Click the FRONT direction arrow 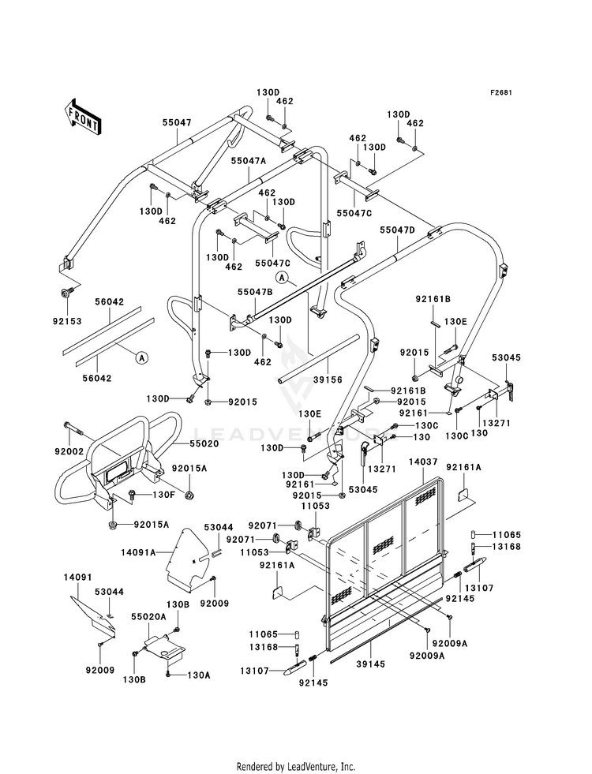[83, 117]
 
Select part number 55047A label [249, 160]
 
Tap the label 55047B [255, 292]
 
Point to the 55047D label [398, 230]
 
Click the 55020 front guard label [204, 443]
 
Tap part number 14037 [423, 462]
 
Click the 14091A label [138, 552]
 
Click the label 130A [198, 675]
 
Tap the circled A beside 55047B [282, 278]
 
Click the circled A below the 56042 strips [141, 357]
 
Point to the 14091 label [77, 577]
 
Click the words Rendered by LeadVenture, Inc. [296, 766]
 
